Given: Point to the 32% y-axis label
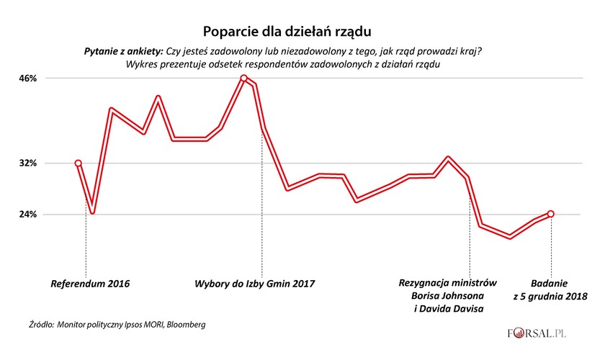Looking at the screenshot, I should coord(28,163).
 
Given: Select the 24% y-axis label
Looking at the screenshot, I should coord(28,215).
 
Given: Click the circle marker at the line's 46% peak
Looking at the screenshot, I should coord(244,78).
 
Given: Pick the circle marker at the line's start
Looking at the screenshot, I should coord(79,163).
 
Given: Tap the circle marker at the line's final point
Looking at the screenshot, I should coord(551,213).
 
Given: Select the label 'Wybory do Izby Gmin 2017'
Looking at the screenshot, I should coord(255,283).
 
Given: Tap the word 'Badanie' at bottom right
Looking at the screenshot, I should coord(550,283).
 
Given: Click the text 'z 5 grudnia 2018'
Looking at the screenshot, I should coord(550,296).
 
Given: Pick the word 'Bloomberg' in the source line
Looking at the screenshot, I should coord(183,325).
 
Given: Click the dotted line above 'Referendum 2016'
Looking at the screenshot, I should coord(86,245).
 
